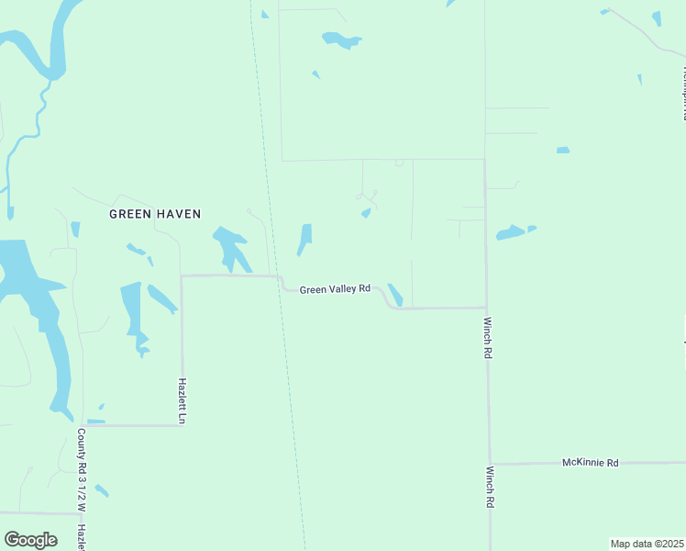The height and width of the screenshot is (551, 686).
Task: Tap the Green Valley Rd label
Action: click(x=335, y=288)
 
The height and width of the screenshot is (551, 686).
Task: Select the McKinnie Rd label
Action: click(x=590, y=463)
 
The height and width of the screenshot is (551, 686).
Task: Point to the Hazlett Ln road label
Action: click(x=183, y=401)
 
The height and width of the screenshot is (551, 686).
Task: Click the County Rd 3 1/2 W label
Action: click(x=82, y=470)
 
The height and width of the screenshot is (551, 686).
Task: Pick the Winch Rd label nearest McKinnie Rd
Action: click(x=489, y=488)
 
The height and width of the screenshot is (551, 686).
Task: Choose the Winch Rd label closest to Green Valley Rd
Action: click(x=489, y=338)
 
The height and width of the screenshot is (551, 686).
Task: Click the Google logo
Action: click(x=30, y=540)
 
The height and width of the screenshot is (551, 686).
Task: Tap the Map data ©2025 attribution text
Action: click(x=647, y=544)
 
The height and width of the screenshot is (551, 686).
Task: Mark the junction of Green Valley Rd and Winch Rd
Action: click(x=486, y=308)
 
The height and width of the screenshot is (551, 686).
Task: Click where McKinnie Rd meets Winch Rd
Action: click(x=490, y=465)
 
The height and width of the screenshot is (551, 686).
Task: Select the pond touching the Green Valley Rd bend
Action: click(x=395, y=294)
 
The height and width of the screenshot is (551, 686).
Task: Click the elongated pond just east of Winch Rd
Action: click(x=512, y=232)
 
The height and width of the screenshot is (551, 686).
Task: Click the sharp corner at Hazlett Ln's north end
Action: click(x=182, y=275)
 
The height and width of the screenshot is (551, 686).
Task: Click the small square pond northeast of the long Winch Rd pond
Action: click(x=562, y=150)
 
